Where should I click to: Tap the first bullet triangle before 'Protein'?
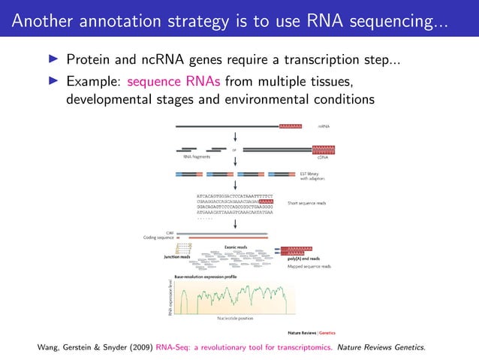pyautogui.click(x=53, y=59)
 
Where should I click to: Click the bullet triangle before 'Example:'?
pyautogui.click(x=53, y=80)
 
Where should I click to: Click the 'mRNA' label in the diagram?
pyautogui.click(x=325, y=126)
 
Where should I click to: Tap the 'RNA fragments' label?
pyautogui.click(x=197, y=158)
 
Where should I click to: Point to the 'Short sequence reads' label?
pyautogui.click(x=308, y=203)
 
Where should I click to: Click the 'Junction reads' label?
pyautogui.click(x=177, y=258)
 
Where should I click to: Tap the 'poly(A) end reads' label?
pyautogui.click(x=303, y=258)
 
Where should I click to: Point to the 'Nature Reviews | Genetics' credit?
pyautogui.click(x=311, y=331)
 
